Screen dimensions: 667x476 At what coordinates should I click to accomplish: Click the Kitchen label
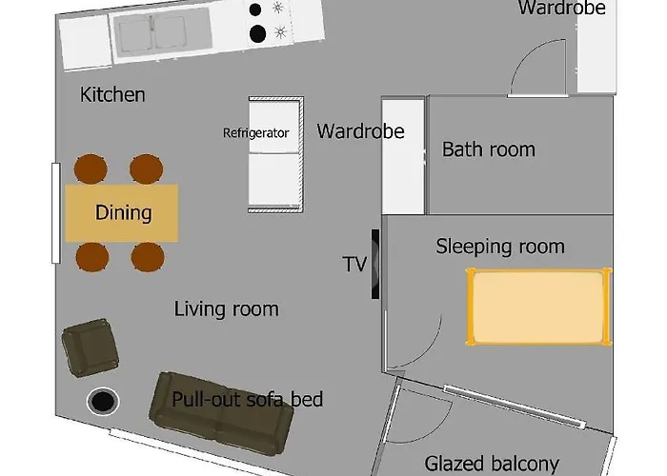[x=112, y=94]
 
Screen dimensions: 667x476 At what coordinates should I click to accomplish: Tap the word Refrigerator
[x=256, y=133]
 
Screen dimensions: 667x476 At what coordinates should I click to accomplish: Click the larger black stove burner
[x=258, y=34]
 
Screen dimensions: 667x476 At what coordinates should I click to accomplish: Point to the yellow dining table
[x=122, y=213]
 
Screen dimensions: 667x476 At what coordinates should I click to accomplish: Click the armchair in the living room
[x=91, y=347]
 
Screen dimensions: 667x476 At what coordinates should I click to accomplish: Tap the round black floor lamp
[x=103, y=401]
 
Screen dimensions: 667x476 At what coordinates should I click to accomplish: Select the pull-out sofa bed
[x=221, y=414]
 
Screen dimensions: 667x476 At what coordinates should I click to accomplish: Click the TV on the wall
[x=375, y=264]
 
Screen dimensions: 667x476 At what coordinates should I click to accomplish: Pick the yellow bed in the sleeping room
[x=539, y=307]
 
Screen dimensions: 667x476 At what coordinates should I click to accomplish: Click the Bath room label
[x=488, y=149]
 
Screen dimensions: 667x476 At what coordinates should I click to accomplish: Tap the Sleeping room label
[x=500, y=247]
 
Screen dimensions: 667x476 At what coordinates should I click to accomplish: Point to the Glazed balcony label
[x=492, y=464]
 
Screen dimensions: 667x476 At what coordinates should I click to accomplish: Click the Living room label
[x=227, y=309]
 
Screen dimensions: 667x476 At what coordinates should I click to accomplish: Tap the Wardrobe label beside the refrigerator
[x=360, y=131]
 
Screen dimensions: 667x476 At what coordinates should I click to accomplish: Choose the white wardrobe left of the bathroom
[x=403, y=156]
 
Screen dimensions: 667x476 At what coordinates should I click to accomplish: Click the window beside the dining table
[x=55, y=213]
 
